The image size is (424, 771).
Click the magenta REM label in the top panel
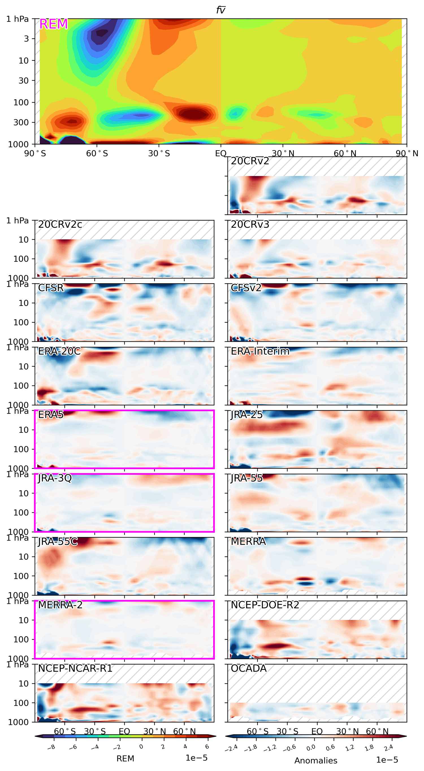point(54,24)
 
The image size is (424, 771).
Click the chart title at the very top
point(220,10)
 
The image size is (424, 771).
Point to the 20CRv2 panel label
point(250,161)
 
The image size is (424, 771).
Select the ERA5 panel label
point(51,415)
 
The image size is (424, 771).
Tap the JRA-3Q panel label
point(55,478)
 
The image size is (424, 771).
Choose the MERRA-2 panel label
point(60,605)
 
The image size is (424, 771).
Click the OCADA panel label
point(248,668)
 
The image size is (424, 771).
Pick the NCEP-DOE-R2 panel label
point(265,605)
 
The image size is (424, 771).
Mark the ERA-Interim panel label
point(260,351)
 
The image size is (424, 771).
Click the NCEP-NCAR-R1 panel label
point(75,668)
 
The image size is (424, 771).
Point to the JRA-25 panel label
point(246,415)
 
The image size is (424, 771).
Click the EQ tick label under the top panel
point(220,154)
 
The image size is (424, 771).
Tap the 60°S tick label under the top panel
point(97,154)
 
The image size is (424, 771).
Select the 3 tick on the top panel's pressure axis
point(26,39)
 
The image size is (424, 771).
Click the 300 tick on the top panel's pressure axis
point(21,122)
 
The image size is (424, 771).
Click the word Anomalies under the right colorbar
point(315,761)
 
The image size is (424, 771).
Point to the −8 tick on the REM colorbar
point(51,747)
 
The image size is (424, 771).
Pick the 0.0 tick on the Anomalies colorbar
point(311,748)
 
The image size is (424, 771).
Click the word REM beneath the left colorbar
point(125,758)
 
